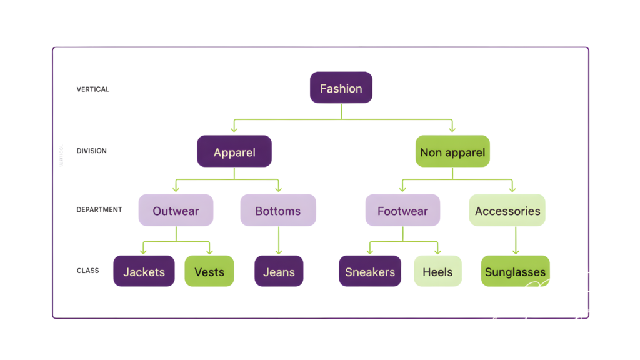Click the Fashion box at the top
point(341,87)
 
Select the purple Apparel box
point(234,151)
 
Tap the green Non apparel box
point(452,151)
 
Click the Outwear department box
point(176,210)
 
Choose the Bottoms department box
point(278,210)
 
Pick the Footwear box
point(402,210)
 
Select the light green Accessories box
point(507,210)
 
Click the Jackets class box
point(144,271)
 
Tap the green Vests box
point(209,271)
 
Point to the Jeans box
point(279,271)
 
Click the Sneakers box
point(370,271)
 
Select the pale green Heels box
point(437,271)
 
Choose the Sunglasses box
point(515,271)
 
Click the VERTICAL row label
point(92,89)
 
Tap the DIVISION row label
point(91,151)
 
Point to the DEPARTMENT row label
point(99,209)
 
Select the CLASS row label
point(87,271)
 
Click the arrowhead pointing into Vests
point(209,251)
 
